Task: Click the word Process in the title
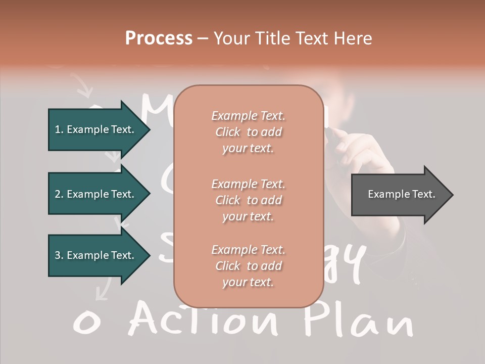pos(159,38)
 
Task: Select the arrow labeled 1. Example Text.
pos(96,129)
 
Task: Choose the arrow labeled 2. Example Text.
pos(96,194)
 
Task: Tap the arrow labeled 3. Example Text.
pos(96,255)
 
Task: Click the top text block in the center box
pos(248,132)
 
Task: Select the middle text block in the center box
pos(248,200)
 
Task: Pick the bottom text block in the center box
pos(248,266)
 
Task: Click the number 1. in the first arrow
pos(59,129)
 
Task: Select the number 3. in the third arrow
pos(59,255)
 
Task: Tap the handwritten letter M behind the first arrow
pos(157,109)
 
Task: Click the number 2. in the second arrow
pos(59,194)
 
